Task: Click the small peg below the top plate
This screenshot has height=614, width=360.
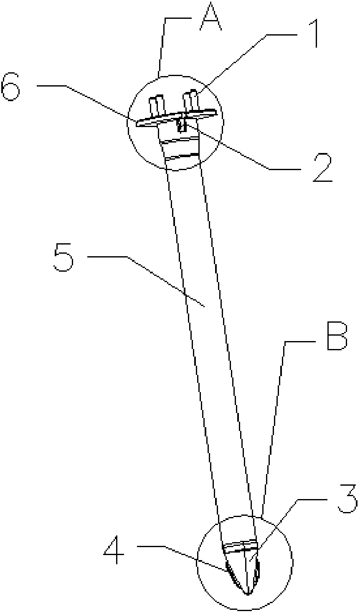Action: click(182, 125)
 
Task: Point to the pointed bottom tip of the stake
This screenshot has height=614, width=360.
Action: click(248, 593)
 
